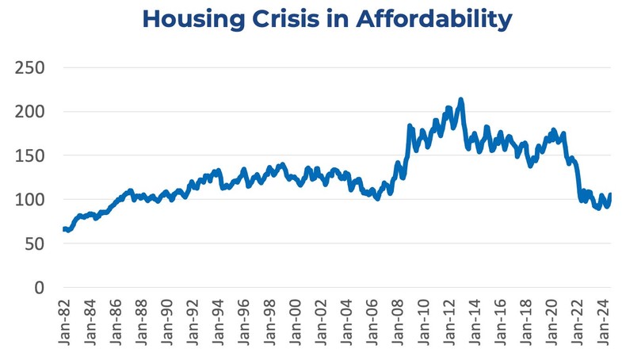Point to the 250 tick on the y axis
pos(29,67)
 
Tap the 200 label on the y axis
pos(29,112)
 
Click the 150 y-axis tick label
pos(29,155)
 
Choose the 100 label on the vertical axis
pos(29,200)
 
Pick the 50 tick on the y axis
pos(33,243)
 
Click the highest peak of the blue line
pos(461,100)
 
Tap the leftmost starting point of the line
pos(63,229)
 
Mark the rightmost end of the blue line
pos(610,195)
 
